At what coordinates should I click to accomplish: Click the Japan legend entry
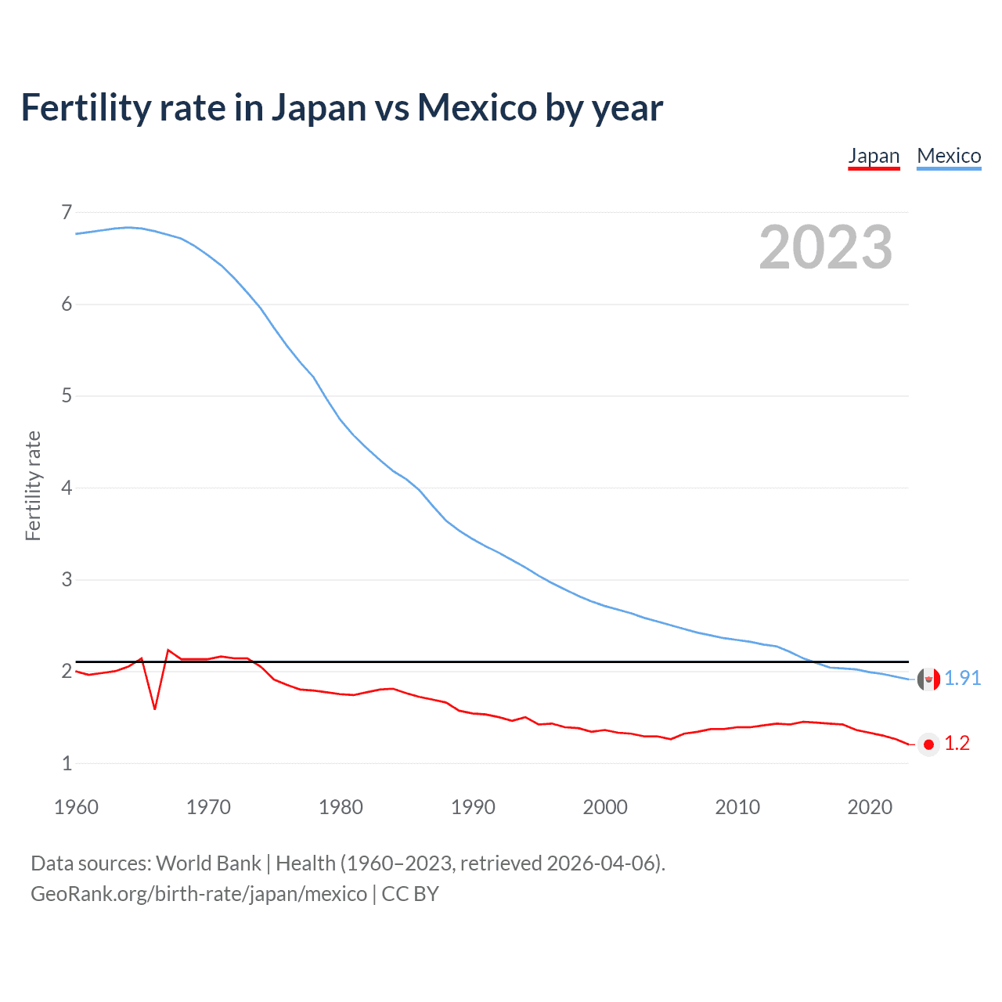pyautogui.click(x=874, y=156)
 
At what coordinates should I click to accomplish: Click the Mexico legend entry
pyautogui.click(x=949, y=156)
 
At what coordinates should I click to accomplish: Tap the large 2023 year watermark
pyautogui.click(x=825, y=247)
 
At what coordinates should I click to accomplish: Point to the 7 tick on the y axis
pyautogui.click(x=67, y=212)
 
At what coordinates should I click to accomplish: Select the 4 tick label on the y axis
pyautogui.click(x=67, y=488)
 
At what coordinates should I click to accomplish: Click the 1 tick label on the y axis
pyautogui.click(x=67, y=763)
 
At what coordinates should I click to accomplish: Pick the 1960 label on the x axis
pyautogui.click(x=76, y=807)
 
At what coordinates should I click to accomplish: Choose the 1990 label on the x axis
pyautogui.click(x=473, y=807)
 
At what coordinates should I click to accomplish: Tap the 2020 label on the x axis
pyautogui.click(x=870, y=807)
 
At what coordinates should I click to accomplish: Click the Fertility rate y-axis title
pyautogui.click(x=33, y=485)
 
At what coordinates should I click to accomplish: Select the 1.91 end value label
pyautogui.click(x=962, y=678)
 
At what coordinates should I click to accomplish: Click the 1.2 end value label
pyautogui.click(x=957, y=743)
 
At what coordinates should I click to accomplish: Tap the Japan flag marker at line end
pyautogui.click(x=928, y=744)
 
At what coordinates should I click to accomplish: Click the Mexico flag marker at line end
pyautogui.click(x=928, y=679)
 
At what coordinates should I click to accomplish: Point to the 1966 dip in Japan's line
pyautogui.click(x=155, y=708)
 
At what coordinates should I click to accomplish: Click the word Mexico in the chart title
pyautogui.click(x=477, y=107)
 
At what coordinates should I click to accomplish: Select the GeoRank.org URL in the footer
pyautogui.click(x=199, y=894)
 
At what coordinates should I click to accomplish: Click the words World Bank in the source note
pyautogui.click(x=208, y=863)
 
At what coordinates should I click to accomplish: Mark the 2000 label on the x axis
pyautogui.click(x=605, y=807)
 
